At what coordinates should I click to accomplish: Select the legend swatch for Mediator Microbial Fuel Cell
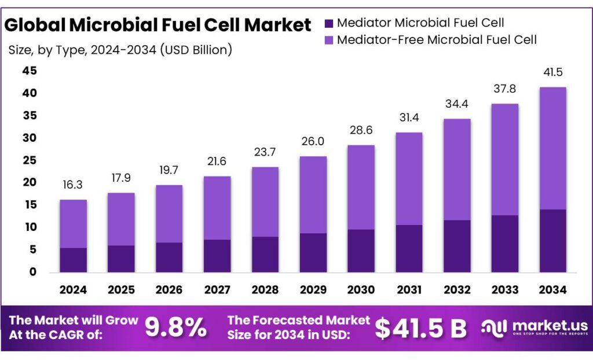point(329,24)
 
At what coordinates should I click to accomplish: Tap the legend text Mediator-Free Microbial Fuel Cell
point(437,40)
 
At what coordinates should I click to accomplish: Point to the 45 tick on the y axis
point(29,71)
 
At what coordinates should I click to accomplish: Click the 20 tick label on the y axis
point(29,183)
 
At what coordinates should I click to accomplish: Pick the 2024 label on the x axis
point(73,289)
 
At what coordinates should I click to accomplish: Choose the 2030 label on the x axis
point(361,289)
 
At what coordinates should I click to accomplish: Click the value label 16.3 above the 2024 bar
point(73,185)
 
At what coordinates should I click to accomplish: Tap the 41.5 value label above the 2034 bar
point(552,73)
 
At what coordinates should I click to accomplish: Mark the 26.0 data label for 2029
point(313,142)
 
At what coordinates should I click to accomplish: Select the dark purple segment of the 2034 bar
point(552,241)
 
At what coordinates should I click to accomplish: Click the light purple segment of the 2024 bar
point(73,224)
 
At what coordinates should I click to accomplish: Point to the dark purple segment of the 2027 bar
point(217,256)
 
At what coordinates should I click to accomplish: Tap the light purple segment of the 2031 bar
point(408,179)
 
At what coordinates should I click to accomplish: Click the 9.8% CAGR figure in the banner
point(175,328)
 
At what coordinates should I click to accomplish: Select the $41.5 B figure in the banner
point(420,328)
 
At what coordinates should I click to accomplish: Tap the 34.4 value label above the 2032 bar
point(456,104)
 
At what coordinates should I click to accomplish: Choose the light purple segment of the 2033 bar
point(504,160)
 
